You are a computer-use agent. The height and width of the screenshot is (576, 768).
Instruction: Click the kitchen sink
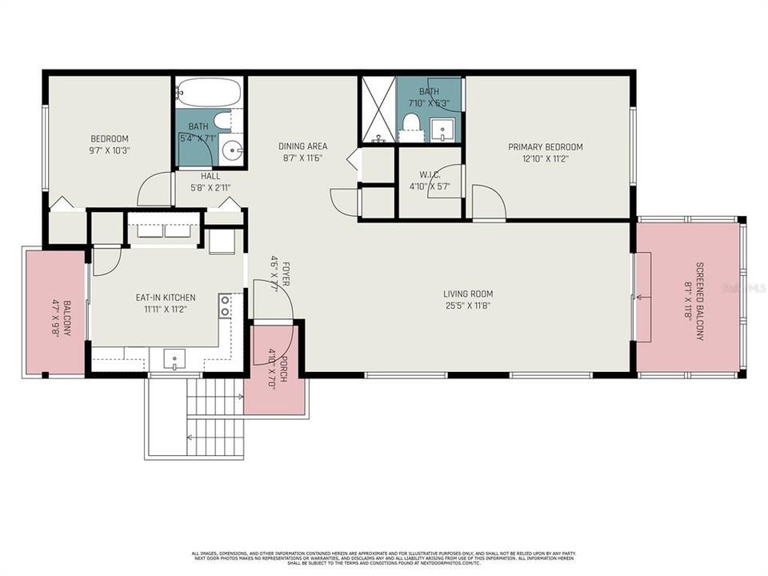point(175,361)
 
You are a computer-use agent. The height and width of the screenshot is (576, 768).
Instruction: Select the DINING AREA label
point(302,146)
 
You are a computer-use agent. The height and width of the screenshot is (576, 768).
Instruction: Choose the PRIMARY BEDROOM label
point(546,147)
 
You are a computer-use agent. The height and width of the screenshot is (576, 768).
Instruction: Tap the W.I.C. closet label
point(414,175)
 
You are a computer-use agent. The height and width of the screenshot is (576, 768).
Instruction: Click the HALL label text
point(210,176)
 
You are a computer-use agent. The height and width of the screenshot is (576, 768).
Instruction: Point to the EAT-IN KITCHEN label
point(166,298)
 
